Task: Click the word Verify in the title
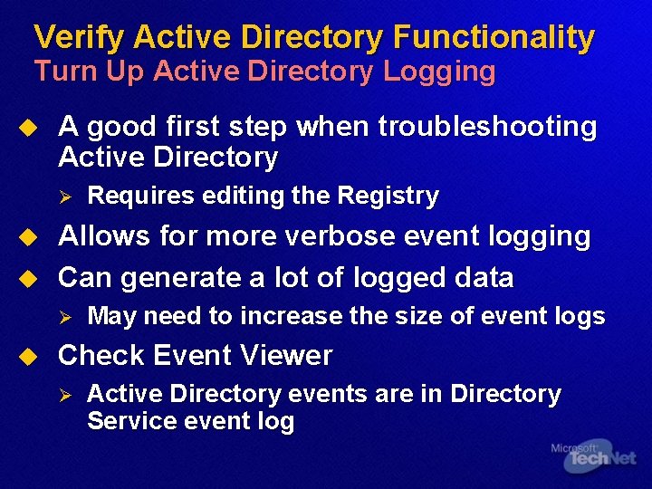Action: (x=79, y=38)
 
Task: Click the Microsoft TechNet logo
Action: (x=593, y=456)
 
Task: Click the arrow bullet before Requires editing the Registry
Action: (x=64, y=196)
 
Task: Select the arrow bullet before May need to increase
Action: (x=64, y=316)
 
